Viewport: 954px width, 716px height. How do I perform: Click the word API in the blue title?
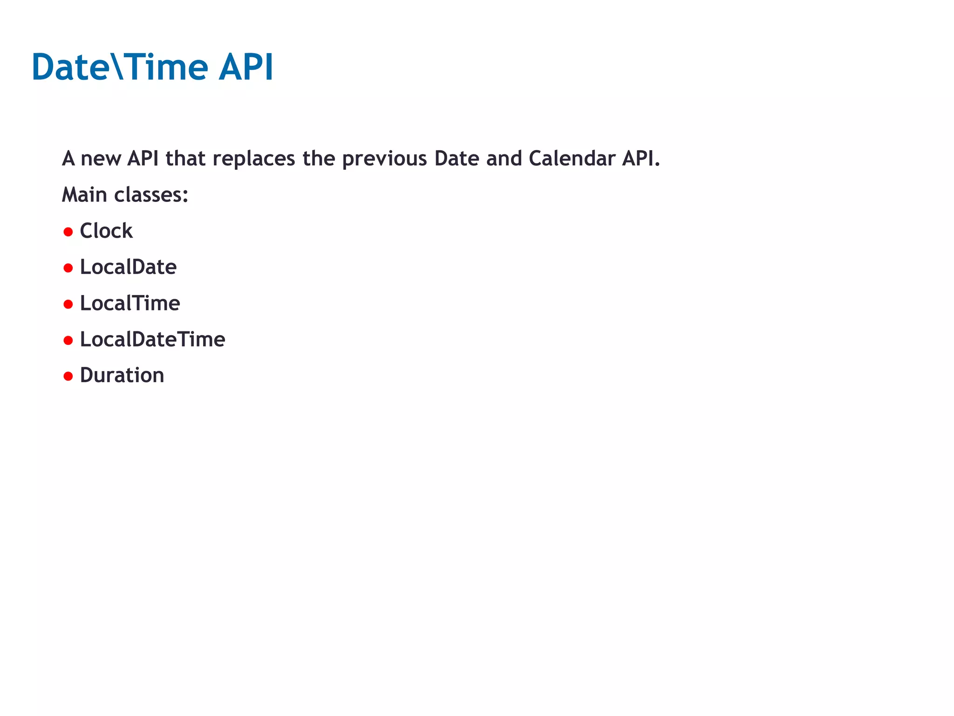pyautogui.click(x=246, y=68)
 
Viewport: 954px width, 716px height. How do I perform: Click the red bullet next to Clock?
pyautogui.click(x=68, y=232)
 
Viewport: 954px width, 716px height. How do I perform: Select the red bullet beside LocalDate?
pyautogui.click(x=68, y=268)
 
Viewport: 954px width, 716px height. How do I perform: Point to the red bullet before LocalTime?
pyautogui.click(x=68, y=304)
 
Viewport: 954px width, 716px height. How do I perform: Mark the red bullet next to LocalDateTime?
pyautogui.click(x=68, y=340)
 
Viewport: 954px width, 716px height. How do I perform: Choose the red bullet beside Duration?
pyautogui.click(x=68, y=376)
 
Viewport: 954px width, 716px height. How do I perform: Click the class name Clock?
pyautogui.click(x=106, y=231)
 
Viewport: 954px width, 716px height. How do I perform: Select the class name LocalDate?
pyautogui.click(x=128, y=267)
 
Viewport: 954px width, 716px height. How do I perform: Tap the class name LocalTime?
pyautogui.click(x=130, y=303)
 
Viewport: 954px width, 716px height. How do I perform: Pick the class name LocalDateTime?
pyautogui.click(x=152, y=339)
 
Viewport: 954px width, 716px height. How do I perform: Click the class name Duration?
pyautogui.click(x=122, y=375)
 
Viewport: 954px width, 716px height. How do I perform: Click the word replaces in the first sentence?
pyautogui.click(x=254, y=159)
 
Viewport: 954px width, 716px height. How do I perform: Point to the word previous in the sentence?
pyautogui.click(x=384, y=159)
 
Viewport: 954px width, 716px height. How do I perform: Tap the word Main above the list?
pyautogui.click(x=84, y=195)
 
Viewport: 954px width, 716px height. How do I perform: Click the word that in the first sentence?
pyautogui.click(x=185, y=158)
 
